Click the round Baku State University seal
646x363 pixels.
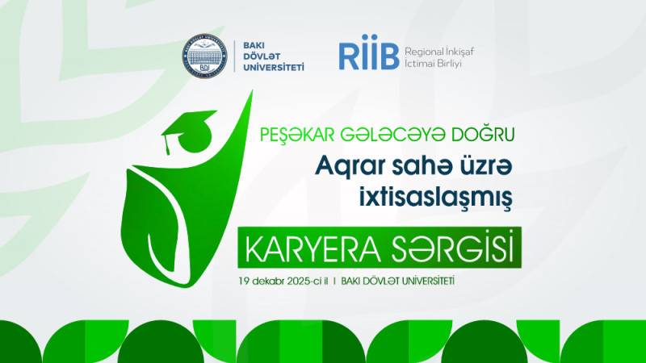coord(204,56)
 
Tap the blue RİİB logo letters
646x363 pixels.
coord(369,56)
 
